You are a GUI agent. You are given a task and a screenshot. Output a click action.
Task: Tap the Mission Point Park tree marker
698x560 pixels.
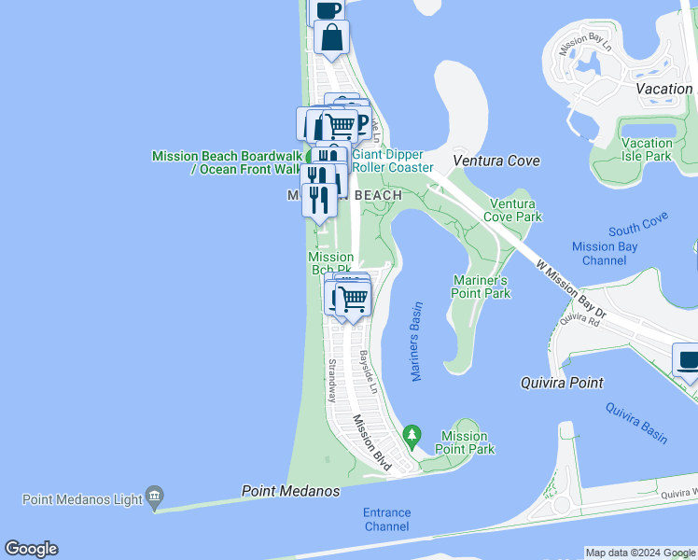(412, 435)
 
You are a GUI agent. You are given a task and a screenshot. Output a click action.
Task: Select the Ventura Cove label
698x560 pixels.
(496, 161)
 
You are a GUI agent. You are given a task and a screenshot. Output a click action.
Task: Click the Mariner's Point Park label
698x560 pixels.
(482, 287)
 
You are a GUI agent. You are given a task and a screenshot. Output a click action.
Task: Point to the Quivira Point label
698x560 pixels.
(561, 383)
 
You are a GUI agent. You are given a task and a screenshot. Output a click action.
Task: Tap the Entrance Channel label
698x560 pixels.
(385, 519)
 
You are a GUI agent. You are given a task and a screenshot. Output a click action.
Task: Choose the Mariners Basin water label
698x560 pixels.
(416, 341)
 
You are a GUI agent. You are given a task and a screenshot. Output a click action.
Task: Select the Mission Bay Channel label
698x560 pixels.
(605, 253)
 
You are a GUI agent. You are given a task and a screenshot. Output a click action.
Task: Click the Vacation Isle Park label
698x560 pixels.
(647, 149)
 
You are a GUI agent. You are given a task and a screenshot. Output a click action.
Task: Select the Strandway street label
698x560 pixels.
(330, 381)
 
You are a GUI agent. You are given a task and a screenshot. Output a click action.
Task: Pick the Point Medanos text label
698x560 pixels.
(290, 490)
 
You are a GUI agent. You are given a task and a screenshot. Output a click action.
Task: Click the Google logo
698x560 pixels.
(31, 549)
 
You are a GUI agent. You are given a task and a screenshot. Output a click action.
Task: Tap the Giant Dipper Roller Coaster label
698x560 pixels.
(392, 161)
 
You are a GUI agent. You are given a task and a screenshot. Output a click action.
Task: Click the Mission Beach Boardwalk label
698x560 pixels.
(227, 162)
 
